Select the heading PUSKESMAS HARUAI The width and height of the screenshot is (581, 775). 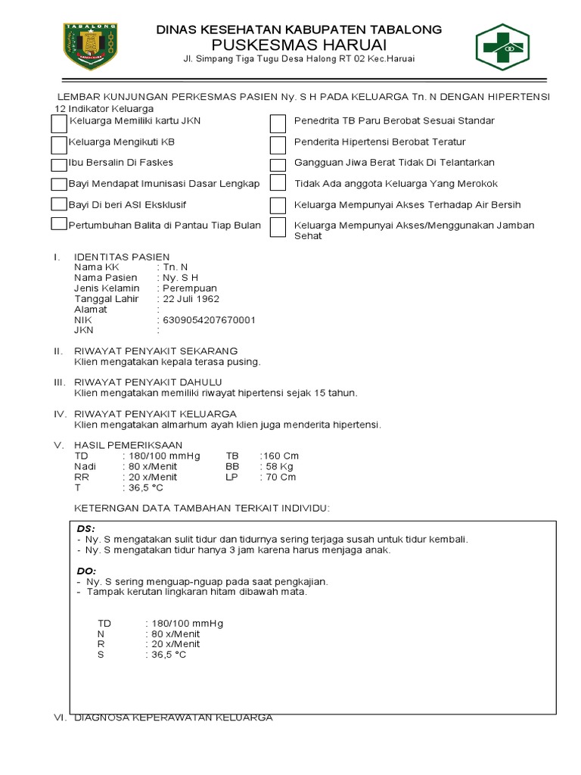tap(299, 45)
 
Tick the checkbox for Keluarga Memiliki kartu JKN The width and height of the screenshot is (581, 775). tap(59, 123)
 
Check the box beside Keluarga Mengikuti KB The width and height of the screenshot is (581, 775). tap(59, 144)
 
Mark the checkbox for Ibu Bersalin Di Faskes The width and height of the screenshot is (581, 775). tap(59, 164)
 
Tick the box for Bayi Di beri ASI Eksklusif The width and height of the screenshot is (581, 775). tap(59, 204)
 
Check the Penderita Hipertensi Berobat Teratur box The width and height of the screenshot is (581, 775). tap(278, 144)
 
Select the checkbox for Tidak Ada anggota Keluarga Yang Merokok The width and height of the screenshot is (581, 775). tap(278, 184)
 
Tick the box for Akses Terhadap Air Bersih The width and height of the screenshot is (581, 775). tap(278, 205)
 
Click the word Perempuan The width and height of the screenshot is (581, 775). tap(190, 288)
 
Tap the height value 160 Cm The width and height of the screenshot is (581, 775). tap(281, 456)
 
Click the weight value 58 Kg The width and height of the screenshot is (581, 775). tap(278, 467)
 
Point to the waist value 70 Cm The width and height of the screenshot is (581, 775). tap(279, 478)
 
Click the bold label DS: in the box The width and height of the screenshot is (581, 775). tap(87, 528)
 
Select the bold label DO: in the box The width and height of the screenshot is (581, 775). tap(87, 570)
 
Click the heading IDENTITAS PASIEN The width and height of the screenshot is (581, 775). tap(122, 257)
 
